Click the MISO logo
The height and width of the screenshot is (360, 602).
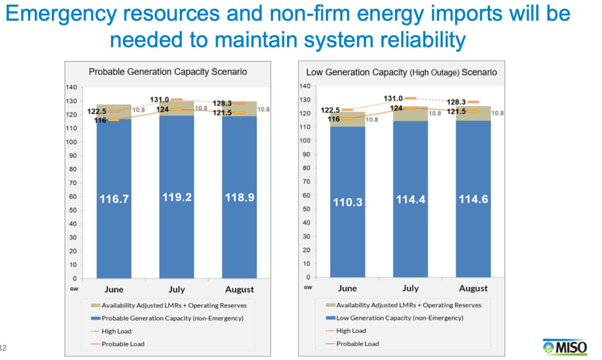pyautogui.click(x=565, y=347)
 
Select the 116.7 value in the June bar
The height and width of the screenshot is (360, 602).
pyautogui.click(x=114, y=199)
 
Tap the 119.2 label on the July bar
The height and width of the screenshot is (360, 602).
pyautogui.click(x=177, y=197)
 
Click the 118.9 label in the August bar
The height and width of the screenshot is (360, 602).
pyautogui.click(x=239, y=197)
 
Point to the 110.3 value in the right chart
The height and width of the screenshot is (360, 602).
pyautogui.click(x=348, y=202)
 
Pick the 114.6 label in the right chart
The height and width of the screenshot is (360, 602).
pyautogui.click(x=473, y=199)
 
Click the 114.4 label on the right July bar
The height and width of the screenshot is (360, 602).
pyautogui.click(x=411, y=199)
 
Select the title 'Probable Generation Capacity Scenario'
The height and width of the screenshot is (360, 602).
pyautogui.click(x=168, y=72)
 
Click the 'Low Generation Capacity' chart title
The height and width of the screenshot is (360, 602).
pyautogui.click(x=401, y=72)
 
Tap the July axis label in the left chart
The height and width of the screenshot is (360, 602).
pyautogui.click(x=176, y=289)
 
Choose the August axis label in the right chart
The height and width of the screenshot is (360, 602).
pyautogui.click(x=473, y=288)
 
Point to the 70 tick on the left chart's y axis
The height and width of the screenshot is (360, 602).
pyautogui.click(x=73, y=183)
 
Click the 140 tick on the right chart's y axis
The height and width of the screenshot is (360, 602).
pyautogui.click(x=305, y=86)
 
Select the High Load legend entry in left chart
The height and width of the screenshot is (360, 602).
pyautogui.click(x=116, y=331)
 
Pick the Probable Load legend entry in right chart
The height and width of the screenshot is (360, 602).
pyautogui.click(x=357, y=344)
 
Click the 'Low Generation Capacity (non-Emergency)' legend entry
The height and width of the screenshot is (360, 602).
pyautogui.click(x=399, y=318)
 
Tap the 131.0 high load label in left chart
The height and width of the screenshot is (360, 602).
pyautogui.click(x=159, y=100)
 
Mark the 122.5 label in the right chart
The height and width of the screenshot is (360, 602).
pyautogui.click(x=330, y=110)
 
